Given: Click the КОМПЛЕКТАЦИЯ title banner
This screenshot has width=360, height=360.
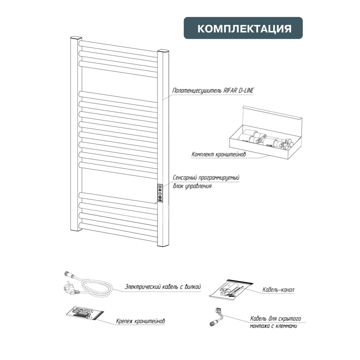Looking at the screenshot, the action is pos(243,28).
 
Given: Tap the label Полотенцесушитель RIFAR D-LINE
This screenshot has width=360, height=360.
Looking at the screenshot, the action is pos(213,90).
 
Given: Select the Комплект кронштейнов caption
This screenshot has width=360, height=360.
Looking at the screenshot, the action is pos(219,154).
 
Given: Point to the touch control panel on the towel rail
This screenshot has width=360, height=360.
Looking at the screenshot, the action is pos(160,193).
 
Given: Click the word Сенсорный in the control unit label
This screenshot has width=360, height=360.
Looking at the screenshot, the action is pos(184,178).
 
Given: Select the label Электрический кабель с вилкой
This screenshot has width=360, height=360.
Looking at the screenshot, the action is pos(163,287).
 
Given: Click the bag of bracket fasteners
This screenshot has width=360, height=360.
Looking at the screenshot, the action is pos(85,313).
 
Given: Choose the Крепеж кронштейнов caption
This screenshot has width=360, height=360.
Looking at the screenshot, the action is pos(140,321).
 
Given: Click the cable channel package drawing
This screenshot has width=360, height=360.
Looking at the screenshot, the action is pos(231,289).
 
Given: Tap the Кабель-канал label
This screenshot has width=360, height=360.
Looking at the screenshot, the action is pos(278,290).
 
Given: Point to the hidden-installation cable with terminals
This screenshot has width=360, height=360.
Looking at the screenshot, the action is pos(216,317).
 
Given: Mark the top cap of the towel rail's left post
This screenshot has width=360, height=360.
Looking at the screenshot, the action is pos(76,38).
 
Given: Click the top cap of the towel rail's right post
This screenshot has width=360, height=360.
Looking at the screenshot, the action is pos(163,51).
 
